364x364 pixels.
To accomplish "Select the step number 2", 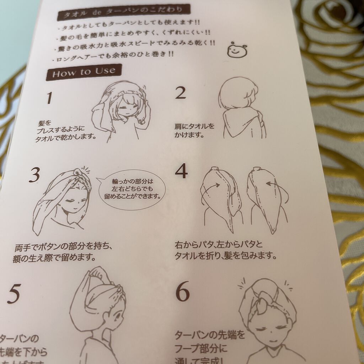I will (181, 93).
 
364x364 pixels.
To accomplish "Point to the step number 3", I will (34, 175).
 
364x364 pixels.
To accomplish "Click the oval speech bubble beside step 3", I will (132, 192).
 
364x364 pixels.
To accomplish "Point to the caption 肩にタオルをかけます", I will (194, 130).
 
